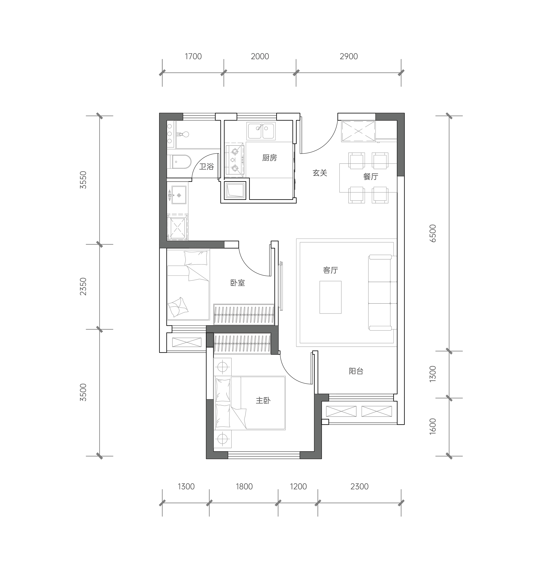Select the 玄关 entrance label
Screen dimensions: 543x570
(320, 173)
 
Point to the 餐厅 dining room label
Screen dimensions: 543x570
(371, 176)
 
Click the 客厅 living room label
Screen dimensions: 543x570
(331, 270)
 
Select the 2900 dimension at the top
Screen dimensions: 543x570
(349, 56)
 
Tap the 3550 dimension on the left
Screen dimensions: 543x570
(83, 180)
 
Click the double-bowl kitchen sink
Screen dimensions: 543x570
(261, 131)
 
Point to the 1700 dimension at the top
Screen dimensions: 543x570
(193, 56)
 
